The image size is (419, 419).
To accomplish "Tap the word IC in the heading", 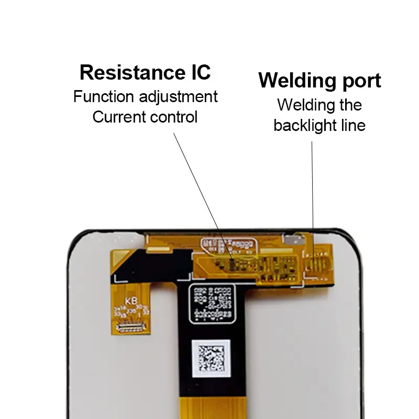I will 198,72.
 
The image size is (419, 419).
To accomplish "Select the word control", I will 172,117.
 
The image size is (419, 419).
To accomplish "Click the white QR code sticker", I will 211,359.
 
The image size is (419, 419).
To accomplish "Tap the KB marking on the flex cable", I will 129,301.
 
